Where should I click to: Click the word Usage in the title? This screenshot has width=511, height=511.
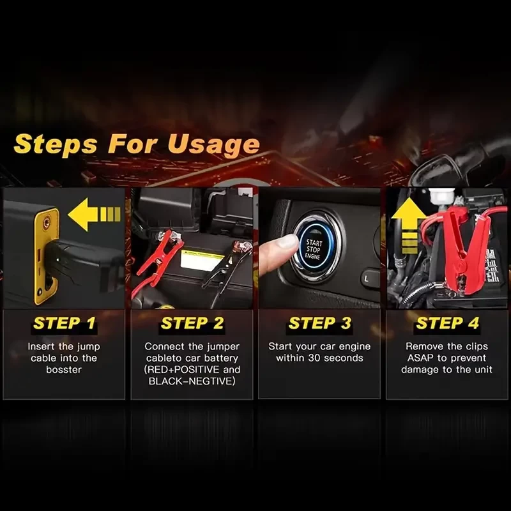pos(214,144)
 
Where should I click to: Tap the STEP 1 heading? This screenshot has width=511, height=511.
pos(65,323)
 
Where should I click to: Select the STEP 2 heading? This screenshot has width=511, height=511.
pos(192,323)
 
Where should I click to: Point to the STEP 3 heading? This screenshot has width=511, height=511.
pos(320,323)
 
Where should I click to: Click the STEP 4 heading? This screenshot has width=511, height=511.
pos(447,323)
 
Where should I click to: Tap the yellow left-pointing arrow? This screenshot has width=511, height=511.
pos(94,215)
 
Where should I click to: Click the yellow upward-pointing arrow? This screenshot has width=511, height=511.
pos(409,226)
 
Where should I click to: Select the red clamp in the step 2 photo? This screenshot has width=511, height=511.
pos(160,252)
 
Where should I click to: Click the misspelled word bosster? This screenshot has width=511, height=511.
pos(64,370)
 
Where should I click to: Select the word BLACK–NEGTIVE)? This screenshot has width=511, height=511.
pos(192,381)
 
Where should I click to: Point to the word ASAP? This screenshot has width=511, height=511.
pos(421,358)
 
